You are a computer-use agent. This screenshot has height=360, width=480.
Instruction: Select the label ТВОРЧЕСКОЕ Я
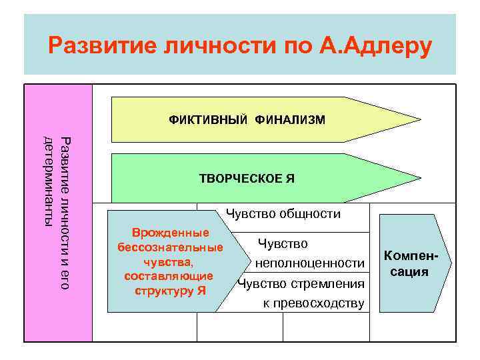tap(247, 179)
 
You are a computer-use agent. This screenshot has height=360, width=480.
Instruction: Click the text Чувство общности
tap(283, 214)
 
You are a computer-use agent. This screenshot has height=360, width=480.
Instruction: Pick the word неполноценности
tap(309, 263)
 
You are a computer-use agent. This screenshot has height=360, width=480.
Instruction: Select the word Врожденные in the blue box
tap(171, 233)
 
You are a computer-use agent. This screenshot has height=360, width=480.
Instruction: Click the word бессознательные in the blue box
tap(170, 248)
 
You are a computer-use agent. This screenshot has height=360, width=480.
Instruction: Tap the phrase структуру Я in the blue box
tap(170, 291)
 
